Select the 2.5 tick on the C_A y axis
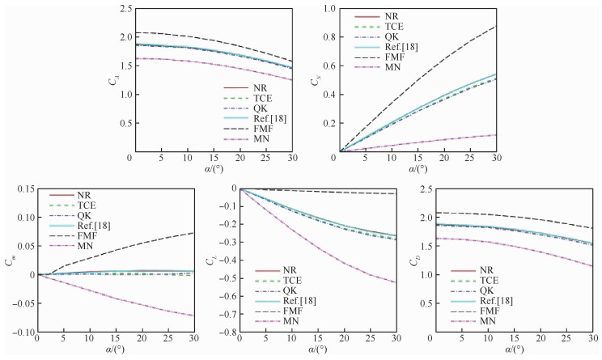coord(122,8)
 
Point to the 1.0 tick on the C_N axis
coord(324,8)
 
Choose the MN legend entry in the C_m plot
coord(87,245)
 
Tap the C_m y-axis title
coord(9,260)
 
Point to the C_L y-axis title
coord(213,260)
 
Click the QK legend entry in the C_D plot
coord(485,290)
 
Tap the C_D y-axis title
coord(416,260)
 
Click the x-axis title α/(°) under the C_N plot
coord(418,170)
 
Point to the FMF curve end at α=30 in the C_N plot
coord(496,27)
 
